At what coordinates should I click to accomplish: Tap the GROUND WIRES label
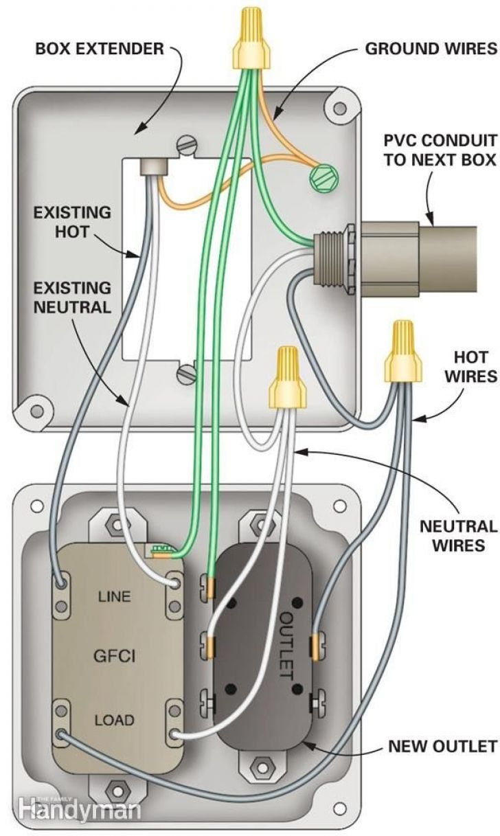tap(430, 49)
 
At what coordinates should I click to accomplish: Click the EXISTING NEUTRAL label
tap(72, 297)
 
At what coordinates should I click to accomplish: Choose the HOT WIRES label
tap(470, 367)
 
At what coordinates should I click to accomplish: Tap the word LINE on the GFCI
tap(113, 596)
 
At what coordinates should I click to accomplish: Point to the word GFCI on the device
tap(114, 657)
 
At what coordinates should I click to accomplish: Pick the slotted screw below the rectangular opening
tap(187, 374)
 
